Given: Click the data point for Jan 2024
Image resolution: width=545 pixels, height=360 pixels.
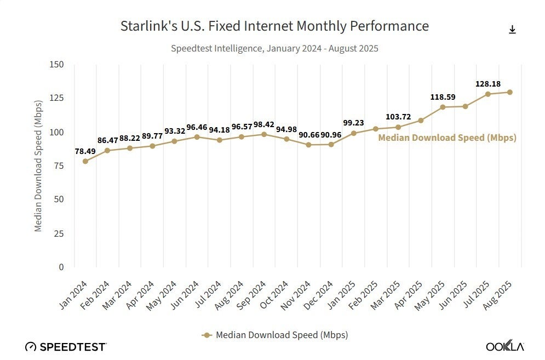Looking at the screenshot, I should pyautogui.click(x=85, y=161).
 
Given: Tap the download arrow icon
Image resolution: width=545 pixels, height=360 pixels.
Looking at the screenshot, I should pyautogui.click(x=512, y=30).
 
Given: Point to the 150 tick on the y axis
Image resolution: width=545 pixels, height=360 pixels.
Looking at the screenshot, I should pyautogui.click(x=57, y=65).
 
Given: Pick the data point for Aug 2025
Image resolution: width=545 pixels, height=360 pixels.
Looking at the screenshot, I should pyautogui.click(x=510, y=92).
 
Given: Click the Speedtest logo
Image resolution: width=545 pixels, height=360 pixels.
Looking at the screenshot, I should pyautogui.click(x=66, y=346).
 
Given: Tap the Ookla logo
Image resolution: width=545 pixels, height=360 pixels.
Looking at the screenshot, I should pyautogui.click(x=505, y=346).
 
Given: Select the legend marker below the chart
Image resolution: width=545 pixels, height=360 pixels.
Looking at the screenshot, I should pyautogui.click(x=207, y=334).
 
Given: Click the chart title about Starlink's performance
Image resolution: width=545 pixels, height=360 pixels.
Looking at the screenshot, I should pyautogui.click(x=274, y=26).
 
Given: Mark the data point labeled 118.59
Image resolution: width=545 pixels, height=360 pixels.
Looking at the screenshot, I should pyautogui.click(x=443, y=107).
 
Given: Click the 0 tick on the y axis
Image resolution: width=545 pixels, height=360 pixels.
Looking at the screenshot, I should pyautogui.click(x=61, y=267).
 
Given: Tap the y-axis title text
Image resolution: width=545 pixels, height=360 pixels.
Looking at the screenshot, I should pyautogui.click(x=38, y=165).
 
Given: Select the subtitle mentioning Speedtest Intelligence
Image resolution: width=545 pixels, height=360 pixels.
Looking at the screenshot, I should pyautogui.click(x=274, y=48).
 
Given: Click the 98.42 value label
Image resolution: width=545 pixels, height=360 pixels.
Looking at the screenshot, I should pyautogui.click(x=264, y=124).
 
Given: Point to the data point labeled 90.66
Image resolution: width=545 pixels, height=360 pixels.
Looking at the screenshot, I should pyautogui.click(x=308, y=145).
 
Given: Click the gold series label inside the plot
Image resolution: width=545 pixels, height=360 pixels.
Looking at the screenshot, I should pyautogui.click(x=447, y=138).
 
